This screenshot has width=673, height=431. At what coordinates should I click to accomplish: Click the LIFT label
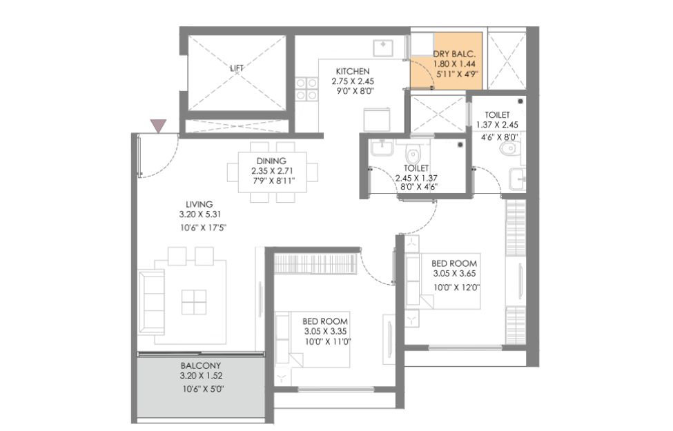pyautogui.click(x=237, y=68)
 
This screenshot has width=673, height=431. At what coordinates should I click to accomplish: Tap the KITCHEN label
pyautogui.click(x=353, y=71)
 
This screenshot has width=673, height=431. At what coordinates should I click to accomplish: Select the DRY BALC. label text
pyautogui.click(x=454, y=54)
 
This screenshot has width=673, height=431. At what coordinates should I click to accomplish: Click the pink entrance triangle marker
pyautogui.click(x=158, y=126)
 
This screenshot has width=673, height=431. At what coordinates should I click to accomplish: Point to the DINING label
pyautogui.click(x=271, y=161)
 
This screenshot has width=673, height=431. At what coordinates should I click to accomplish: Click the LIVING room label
pyautogui.click(x=199, y=204)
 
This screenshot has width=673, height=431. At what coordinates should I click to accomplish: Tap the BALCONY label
pyautogui.click(x=200, y=365)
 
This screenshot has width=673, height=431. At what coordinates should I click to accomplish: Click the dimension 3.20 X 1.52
pyautogui.click(x=201, y=376)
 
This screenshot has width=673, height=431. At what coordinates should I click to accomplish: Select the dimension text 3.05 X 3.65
pyautogui.click(x=454, y=273)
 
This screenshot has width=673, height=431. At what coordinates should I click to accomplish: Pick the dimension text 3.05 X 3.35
pyautogui.click(x=325, y=331)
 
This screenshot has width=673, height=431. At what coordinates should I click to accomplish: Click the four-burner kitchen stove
pyautogui.click(x=306, y=89)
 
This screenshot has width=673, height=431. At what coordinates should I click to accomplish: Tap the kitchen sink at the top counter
pyautogui.click(x=383, y=48)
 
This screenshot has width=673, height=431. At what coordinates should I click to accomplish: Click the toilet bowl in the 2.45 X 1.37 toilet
pyautogui.click(x=413, y=152)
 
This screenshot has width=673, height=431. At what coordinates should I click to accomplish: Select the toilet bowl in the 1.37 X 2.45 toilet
pyautogui.click(x=509, y=149)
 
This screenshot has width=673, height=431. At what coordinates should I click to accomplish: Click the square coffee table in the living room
pyautogui.click(x=193, y=302)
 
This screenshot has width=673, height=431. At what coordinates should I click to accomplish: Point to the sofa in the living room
pyautogui.click(x=151, y=302)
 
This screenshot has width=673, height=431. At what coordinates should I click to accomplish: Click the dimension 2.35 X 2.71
pyautogui.click(x=272, y=171)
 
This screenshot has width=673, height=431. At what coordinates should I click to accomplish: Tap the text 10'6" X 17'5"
pyautogui.click(x=203, y=228)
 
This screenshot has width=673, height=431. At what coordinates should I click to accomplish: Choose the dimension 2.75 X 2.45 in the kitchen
pyautogui.click(x=353, y=81)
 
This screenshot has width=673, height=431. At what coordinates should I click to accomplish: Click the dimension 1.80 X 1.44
pyautogui.click(x=454, y=64)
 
